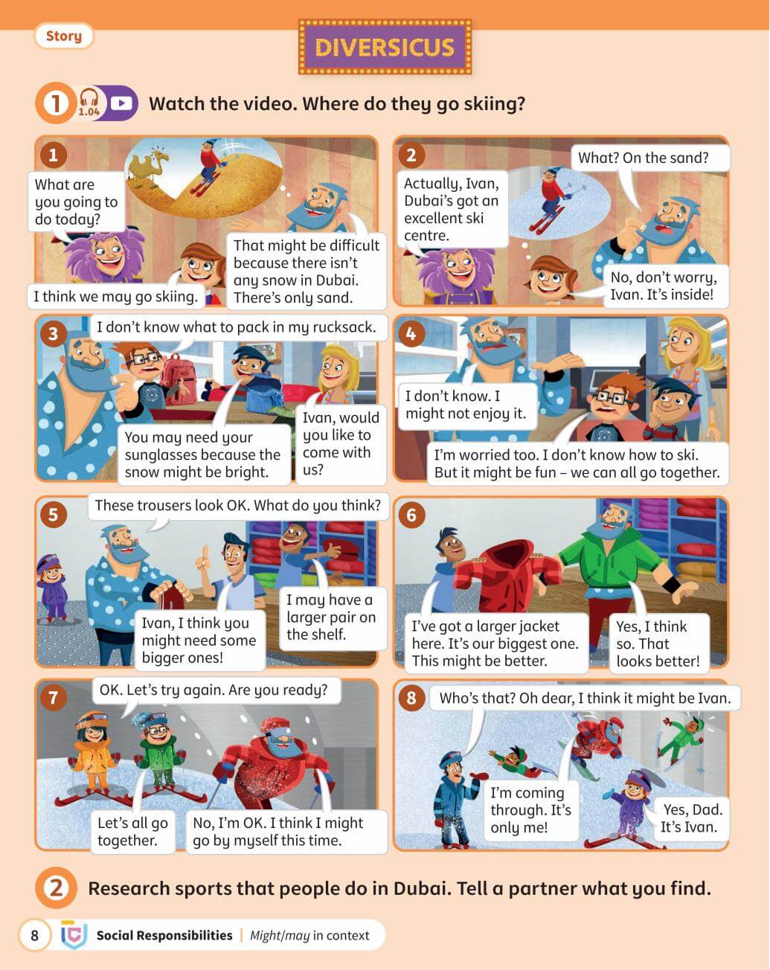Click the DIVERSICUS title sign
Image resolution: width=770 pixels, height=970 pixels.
pyautogui.click(x=385, y=47)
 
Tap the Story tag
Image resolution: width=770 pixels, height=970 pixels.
pyautogui.click(x=63, y=36)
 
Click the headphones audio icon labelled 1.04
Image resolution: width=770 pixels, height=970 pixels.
pyautogui.click(x=89, y=102)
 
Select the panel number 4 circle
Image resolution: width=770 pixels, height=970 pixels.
pyautogui.click(x=411, y=333)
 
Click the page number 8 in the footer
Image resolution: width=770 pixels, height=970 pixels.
pyautogui.click(x=35, y=935)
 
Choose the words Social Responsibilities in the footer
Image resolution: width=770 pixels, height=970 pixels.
pyautogui.click(x=164, y=935)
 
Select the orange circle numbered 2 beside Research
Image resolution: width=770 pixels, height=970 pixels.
pyautogui.click(x=56, y=887)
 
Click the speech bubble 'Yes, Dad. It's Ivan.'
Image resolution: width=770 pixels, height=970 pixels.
pyautogui.click(x=690, y=818)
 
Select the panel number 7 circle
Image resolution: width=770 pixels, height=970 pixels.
pyautogui.click(x=53, y=697)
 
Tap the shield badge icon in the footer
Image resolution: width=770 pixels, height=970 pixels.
pyautogui.click(x=73, y=935)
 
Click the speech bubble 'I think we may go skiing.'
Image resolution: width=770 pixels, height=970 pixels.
pyautogui.click(x=116, y=297)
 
